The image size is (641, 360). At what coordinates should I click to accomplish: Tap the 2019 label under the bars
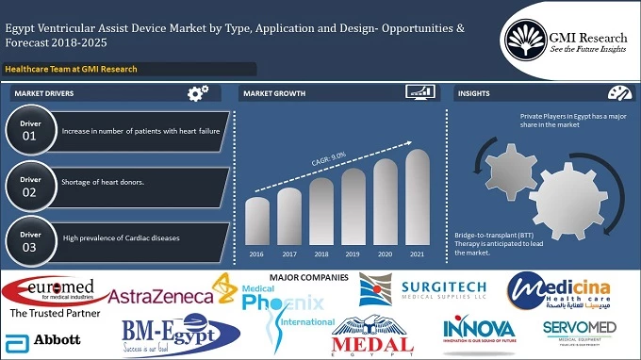(x=353, y=254)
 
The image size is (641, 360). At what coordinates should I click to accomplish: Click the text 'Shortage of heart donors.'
(x=103, y=182)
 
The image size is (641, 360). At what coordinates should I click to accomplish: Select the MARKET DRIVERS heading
(x=43, y=94)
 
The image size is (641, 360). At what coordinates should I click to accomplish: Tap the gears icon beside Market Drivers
(x=198, y=93)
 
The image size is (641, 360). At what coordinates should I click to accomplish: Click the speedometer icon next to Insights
(x=620, y=93)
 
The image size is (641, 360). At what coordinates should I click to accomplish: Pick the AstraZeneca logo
(x=161, y=296)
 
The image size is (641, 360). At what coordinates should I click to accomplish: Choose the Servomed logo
(x=579, y=333)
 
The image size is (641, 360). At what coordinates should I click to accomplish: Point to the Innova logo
(x=479, y=333)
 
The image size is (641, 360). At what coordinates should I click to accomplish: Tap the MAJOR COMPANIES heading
(x=308, y=277)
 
